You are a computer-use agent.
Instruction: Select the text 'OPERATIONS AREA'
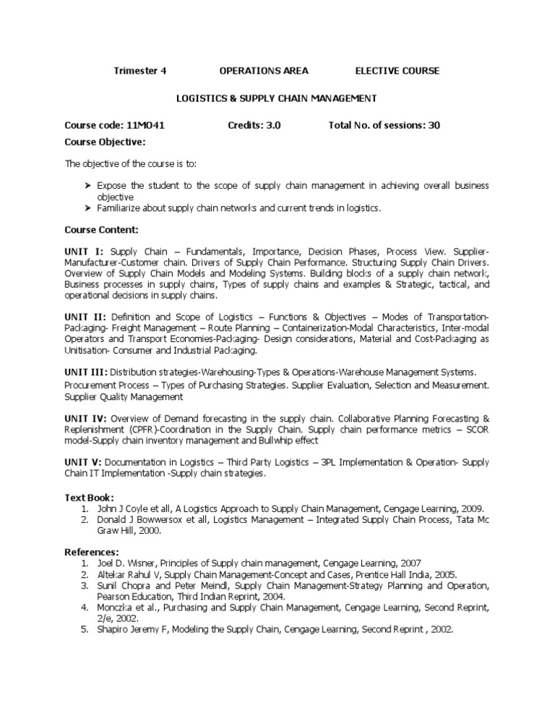point(263,70)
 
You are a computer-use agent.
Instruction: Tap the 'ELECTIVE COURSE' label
point(397,70)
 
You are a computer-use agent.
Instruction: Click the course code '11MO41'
point(147,125)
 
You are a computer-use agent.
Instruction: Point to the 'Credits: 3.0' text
point(254,125)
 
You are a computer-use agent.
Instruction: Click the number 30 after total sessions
point(434,125)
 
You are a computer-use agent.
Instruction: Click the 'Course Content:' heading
point(102,229)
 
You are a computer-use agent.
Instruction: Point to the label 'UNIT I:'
point(85,250)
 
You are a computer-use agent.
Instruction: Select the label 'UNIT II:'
point(86,317)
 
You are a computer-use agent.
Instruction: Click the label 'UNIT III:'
point(88,372)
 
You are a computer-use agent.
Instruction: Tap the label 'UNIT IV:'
point(87,418)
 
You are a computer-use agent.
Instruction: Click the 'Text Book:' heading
point(90,498)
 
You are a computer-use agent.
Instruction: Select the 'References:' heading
point(92,552)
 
